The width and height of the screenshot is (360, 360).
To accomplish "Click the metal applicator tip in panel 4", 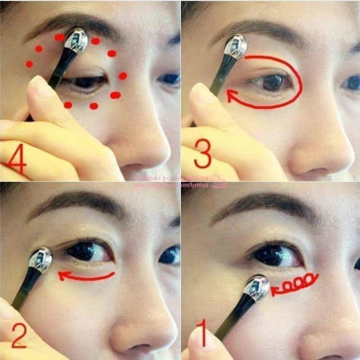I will click(x=76, y=40).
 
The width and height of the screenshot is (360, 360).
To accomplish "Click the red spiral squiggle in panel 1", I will click(x=293, y=286).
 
